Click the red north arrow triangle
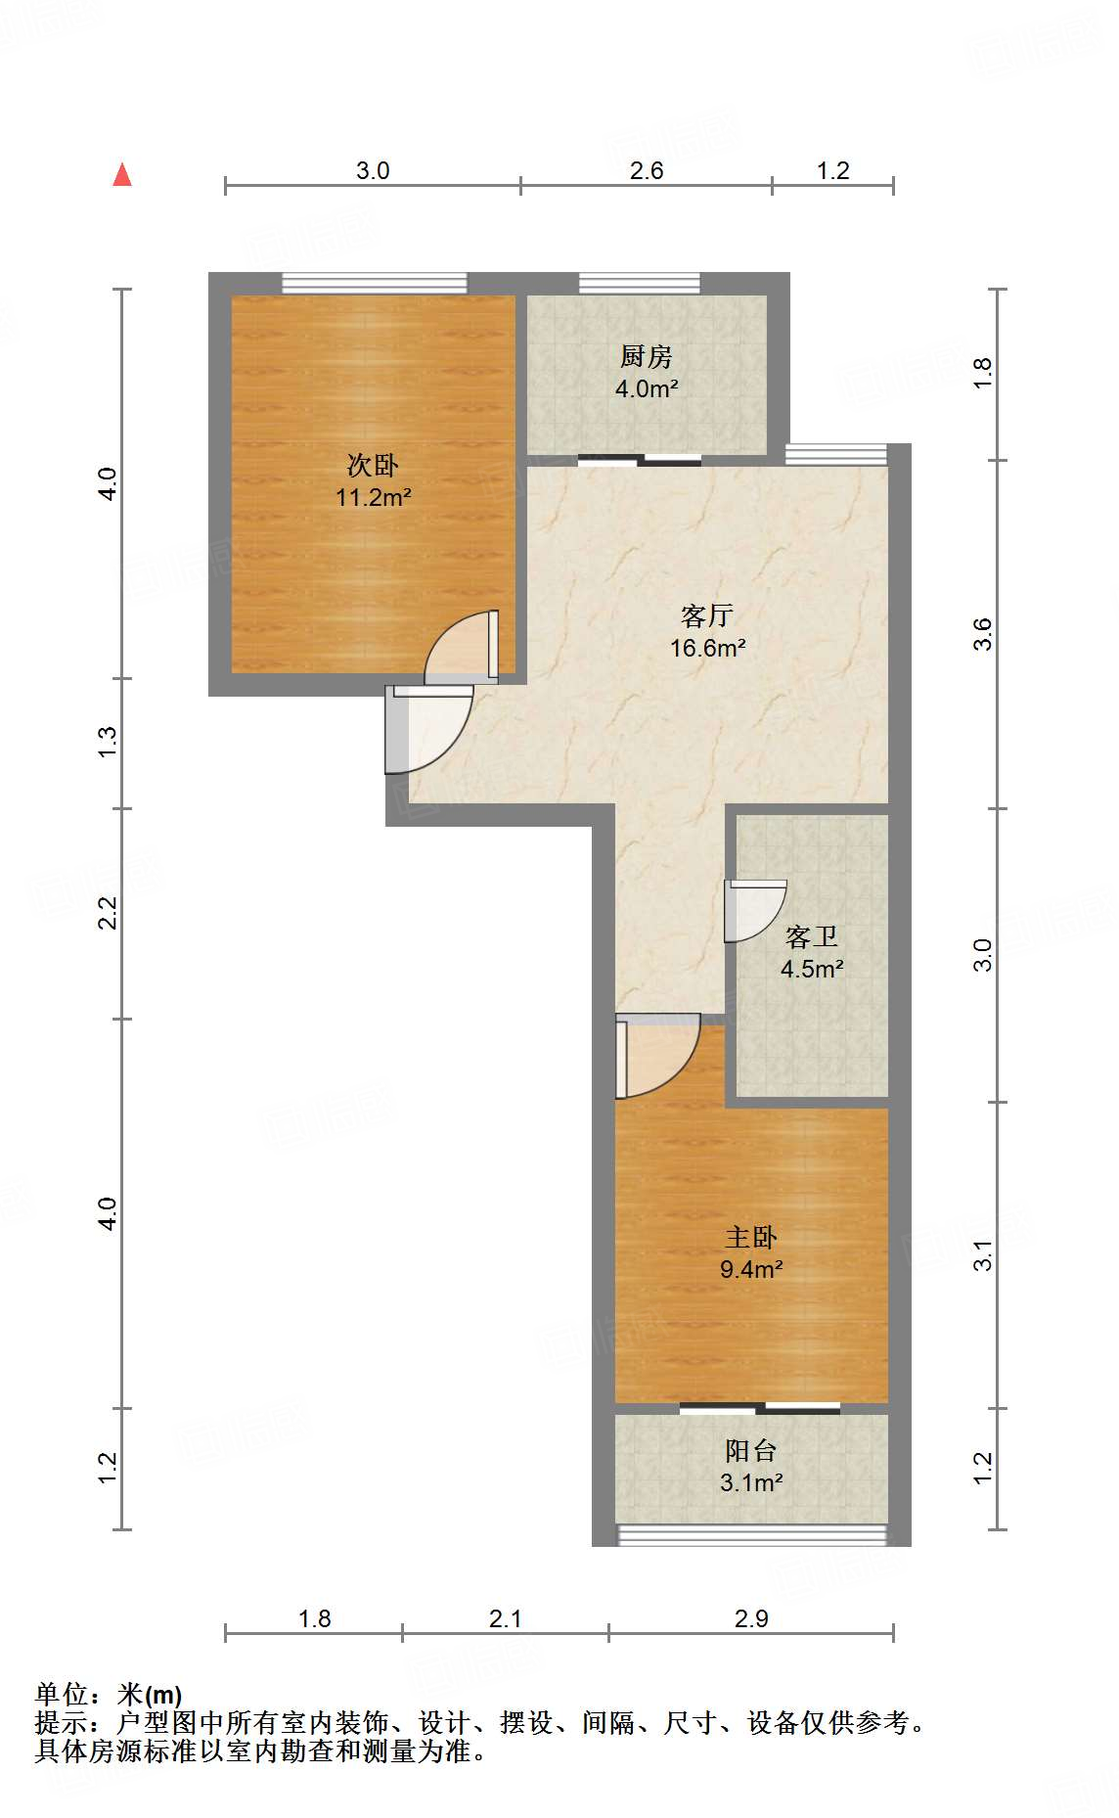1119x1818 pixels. point(122,175)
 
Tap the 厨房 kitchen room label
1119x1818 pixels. point(646,356)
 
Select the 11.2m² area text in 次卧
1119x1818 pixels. point(373,497)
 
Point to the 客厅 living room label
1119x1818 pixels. point(706,615)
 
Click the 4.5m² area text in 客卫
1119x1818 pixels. point(811,969)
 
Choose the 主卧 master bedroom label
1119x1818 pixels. point(750,1237)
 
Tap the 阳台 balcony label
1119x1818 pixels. point(750,1450)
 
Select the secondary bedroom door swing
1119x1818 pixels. point(462,648)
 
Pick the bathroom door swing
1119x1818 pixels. point(754,909)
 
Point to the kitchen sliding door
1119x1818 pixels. point(640,460)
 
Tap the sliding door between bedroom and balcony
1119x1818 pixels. point(760,1409)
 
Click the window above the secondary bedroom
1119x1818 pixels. point(375,283)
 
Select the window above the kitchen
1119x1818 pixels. point(640,283)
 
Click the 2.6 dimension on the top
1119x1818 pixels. point(646,170)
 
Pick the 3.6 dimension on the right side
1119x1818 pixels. point(982,634)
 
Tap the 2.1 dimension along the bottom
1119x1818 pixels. point(505,1619)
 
